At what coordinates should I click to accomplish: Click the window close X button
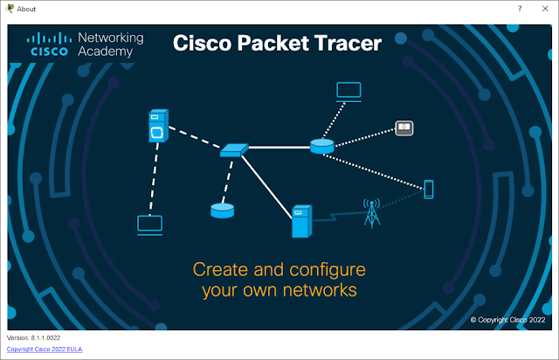[x=546, y=8]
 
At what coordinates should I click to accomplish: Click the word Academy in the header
[x=106, y=52]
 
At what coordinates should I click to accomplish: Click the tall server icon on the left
[x=157, y=127]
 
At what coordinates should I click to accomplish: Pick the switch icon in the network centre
[x=234, y=151]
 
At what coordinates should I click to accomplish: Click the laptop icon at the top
[x=349, y=90]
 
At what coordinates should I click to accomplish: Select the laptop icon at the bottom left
[x=150, y=225]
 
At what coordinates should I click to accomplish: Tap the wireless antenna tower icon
[x=372, y=212]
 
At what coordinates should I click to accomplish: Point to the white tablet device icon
[x=404, y=128]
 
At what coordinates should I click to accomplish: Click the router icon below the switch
[x=222, y=210]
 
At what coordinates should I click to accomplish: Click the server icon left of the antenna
[x=301, y=222]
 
